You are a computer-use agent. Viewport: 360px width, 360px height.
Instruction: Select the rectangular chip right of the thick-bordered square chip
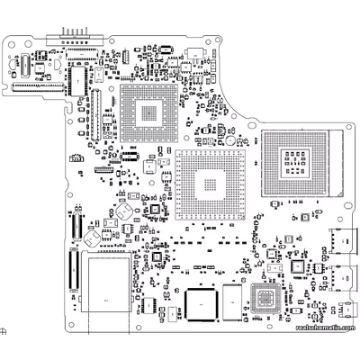click(232, 299)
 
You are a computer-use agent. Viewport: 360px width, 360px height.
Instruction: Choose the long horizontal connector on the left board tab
click(40, 87)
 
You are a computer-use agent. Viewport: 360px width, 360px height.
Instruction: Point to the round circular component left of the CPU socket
click(230, 140)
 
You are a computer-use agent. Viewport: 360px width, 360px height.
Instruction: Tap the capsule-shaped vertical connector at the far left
click(19, 63)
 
